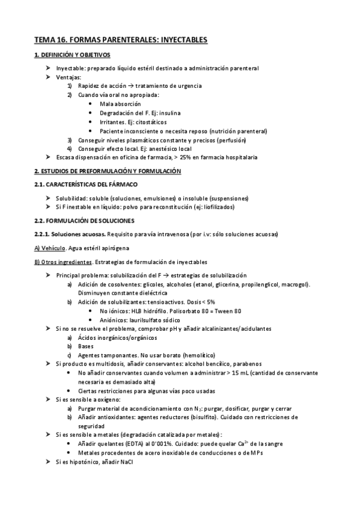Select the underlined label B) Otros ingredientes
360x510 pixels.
[64, 262]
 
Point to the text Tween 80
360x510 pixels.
[229, 311]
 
